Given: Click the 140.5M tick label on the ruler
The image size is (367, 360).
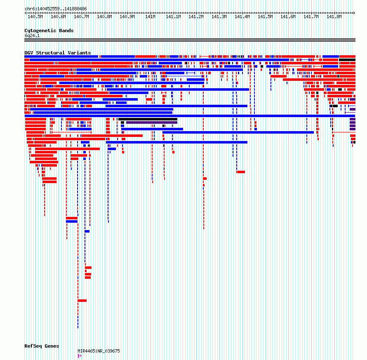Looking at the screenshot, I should [35, 16].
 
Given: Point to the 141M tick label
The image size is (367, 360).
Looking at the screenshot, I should [150, 16].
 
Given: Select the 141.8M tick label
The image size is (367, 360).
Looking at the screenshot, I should [334, 16].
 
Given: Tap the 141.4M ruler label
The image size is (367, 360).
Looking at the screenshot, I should [242, 16].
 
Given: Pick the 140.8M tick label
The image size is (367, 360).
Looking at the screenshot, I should [104, 16].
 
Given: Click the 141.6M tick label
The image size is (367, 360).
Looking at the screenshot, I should [288, 16].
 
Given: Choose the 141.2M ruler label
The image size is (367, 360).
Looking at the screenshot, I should [196, 16].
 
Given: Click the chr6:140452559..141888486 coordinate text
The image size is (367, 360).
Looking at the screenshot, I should [56, 9].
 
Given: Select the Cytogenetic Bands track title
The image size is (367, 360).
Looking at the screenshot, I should [49, 31].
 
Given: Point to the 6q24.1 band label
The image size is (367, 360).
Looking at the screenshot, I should [32, 35].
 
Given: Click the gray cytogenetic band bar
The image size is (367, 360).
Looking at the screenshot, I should [190, 40].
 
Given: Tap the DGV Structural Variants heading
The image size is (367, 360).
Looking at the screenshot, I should [57, 53].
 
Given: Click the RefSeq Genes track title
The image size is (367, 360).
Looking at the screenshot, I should [42, 346].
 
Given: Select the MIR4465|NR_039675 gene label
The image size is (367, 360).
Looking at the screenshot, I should [99, 351].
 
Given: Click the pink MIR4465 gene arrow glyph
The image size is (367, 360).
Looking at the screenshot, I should [80, 356].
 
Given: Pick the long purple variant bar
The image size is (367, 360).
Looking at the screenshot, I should [151, 122].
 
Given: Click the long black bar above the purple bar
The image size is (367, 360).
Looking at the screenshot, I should [148, 119].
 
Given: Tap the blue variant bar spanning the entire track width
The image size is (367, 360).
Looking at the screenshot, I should [190, 116].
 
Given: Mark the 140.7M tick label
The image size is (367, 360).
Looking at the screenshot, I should [81, 16].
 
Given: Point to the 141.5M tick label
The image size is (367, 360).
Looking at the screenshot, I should [265, 16].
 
